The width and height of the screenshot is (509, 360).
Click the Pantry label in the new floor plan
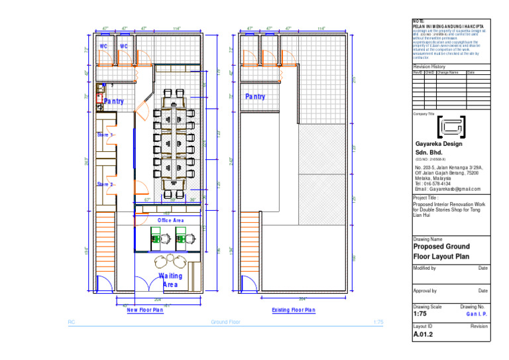[x=113, y=101]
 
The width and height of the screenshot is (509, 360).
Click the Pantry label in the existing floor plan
[x=255, y=97]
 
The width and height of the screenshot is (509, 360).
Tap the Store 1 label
[x=105, y=135]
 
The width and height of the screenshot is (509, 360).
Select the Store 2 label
[x=105, y=184]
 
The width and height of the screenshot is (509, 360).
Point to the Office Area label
[x=170, y=220]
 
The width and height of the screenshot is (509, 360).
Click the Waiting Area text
[x=170, y=280]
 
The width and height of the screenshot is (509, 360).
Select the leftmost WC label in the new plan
[x=103, y=46]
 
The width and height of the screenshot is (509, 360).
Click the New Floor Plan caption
[x=145, y=310]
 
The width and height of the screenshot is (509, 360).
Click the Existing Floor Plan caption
[x=294, y=310]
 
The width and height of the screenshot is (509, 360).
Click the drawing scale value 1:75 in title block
[x=421, y=314]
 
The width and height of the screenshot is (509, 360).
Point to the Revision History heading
[x=429, y=67]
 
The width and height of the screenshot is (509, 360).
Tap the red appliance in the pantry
[x=99, y=87]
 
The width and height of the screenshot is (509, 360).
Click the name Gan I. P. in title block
[x=477, y=314]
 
